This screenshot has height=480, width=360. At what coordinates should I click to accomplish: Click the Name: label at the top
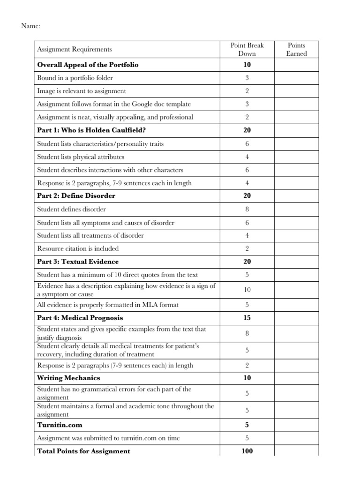(x=31, y=26)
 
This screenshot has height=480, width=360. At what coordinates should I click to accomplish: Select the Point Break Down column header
(x=247, y=49)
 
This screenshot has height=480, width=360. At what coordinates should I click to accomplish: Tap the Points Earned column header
(x=297, y=49)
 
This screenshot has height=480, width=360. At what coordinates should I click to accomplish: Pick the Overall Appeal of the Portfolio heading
(x=88, y=65)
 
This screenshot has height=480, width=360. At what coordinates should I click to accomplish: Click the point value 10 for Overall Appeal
(x=247, y=65)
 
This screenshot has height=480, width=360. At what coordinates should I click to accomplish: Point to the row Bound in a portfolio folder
(x=75, y=78)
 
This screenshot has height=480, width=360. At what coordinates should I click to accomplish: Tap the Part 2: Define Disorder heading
(x=76, y=195)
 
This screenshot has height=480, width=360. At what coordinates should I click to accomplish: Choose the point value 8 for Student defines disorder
(x=247, y=209)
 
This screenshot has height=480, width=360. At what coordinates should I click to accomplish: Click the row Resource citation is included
(x=78, y=248)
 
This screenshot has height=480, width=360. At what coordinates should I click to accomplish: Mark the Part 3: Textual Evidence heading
(x=78, y=262)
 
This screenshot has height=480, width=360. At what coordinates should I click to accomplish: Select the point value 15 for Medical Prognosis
(x=247, y=318)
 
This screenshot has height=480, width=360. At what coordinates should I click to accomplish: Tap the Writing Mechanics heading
(x=68, y=378)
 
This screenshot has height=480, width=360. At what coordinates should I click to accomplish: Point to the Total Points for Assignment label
(x=84, y=451)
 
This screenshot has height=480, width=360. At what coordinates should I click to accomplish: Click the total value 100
(x=247, y=451)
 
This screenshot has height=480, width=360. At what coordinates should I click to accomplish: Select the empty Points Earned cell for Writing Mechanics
(x=297, y=378)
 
